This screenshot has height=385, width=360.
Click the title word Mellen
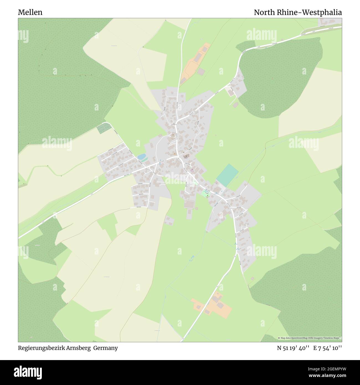tap(30, 12)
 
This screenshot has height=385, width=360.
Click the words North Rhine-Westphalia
tap(298, 12)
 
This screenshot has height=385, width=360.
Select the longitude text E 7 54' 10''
tap(328, 348)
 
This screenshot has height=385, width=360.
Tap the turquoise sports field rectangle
tap(227, 175)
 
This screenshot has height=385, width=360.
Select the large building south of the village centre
tap(190, 204)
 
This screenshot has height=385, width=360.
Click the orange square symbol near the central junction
tap(174, 154)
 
